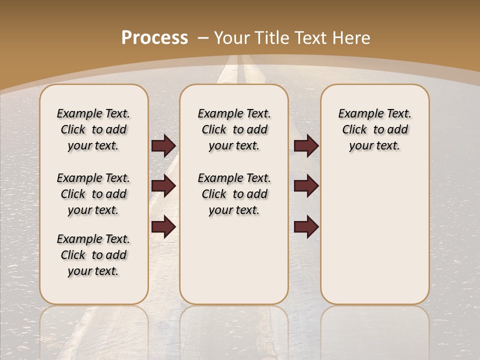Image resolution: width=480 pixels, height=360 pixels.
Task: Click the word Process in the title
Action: tap(154, 38)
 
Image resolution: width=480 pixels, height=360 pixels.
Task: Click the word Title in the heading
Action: tap(271, 38)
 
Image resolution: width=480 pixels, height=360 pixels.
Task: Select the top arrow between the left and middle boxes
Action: tap(163, 145)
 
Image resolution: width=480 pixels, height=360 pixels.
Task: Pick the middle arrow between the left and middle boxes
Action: tap(163, 186)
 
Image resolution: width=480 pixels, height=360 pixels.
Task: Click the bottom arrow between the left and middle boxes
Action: tap(163, 226)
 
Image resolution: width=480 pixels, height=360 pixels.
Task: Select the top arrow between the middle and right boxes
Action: tap(306, 145)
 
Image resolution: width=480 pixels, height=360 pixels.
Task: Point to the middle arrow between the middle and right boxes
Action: tap(306, 186)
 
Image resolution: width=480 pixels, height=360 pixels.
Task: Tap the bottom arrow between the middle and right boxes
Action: tap(306, 226)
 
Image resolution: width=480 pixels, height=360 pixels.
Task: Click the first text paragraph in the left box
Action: tap(93, 129)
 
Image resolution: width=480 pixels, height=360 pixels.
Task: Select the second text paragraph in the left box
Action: tap(93, 194)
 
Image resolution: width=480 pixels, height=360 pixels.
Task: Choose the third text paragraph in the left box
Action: tap(93, 255)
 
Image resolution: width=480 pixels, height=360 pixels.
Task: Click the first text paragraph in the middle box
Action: tap(234, 129)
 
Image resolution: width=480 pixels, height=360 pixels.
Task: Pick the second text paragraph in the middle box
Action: tap(234, 194)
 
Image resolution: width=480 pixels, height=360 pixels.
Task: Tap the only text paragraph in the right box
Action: tap(374, 129)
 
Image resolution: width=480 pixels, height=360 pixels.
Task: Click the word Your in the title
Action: tap(230, 38)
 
